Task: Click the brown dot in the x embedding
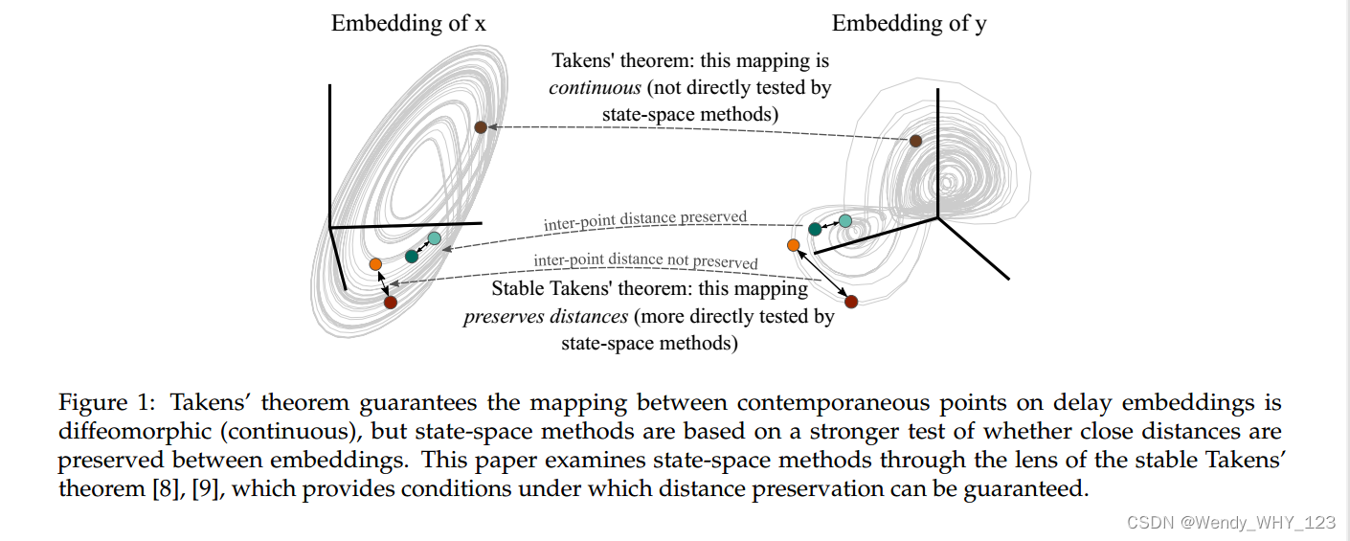point(481,127)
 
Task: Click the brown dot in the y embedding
point(915,141)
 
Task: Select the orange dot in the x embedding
point(375,263)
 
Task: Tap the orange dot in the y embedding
point(793,245)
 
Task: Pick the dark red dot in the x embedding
point(390,303)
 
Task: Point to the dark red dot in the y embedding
point(851,302)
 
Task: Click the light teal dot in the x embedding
point(435,237)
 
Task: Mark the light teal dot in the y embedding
point(845,221)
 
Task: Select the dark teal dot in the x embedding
point(412,256)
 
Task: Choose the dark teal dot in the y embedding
point(815,229)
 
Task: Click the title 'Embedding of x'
point(408,24)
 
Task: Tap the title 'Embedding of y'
point(909,24)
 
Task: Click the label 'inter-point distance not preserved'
point(645,261)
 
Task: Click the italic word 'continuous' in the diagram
point(595,87)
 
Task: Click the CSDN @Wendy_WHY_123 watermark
point(1230,522)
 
